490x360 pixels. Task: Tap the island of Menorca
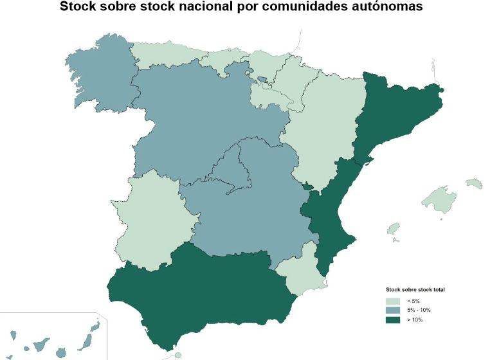click(x=474, y=184)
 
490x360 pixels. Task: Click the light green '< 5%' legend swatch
click(x=392, y=301)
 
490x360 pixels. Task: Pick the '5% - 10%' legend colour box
click(x=392, y=310)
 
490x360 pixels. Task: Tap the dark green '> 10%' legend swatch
click(x=392, y=319)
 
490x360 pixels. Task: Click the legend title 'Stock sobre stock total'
click(x=415, y=290)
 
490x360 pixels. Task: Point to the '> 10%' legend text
click(x=414, y=319)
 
